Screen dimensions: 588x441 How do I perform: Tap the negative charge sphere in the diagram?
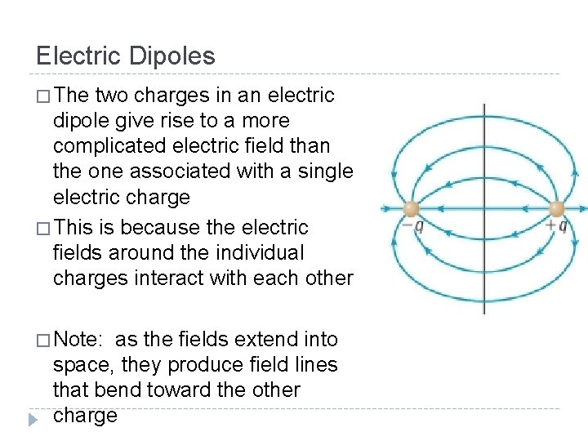click(x=411, y=208)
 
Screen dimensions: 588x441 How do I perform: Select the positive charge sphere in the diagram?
click(x=558, y=208)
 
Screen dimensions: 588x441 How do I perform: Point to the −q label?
click(x=413, y=226)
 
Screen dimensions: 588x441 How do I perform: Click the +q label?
click(x=556, y=226)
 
